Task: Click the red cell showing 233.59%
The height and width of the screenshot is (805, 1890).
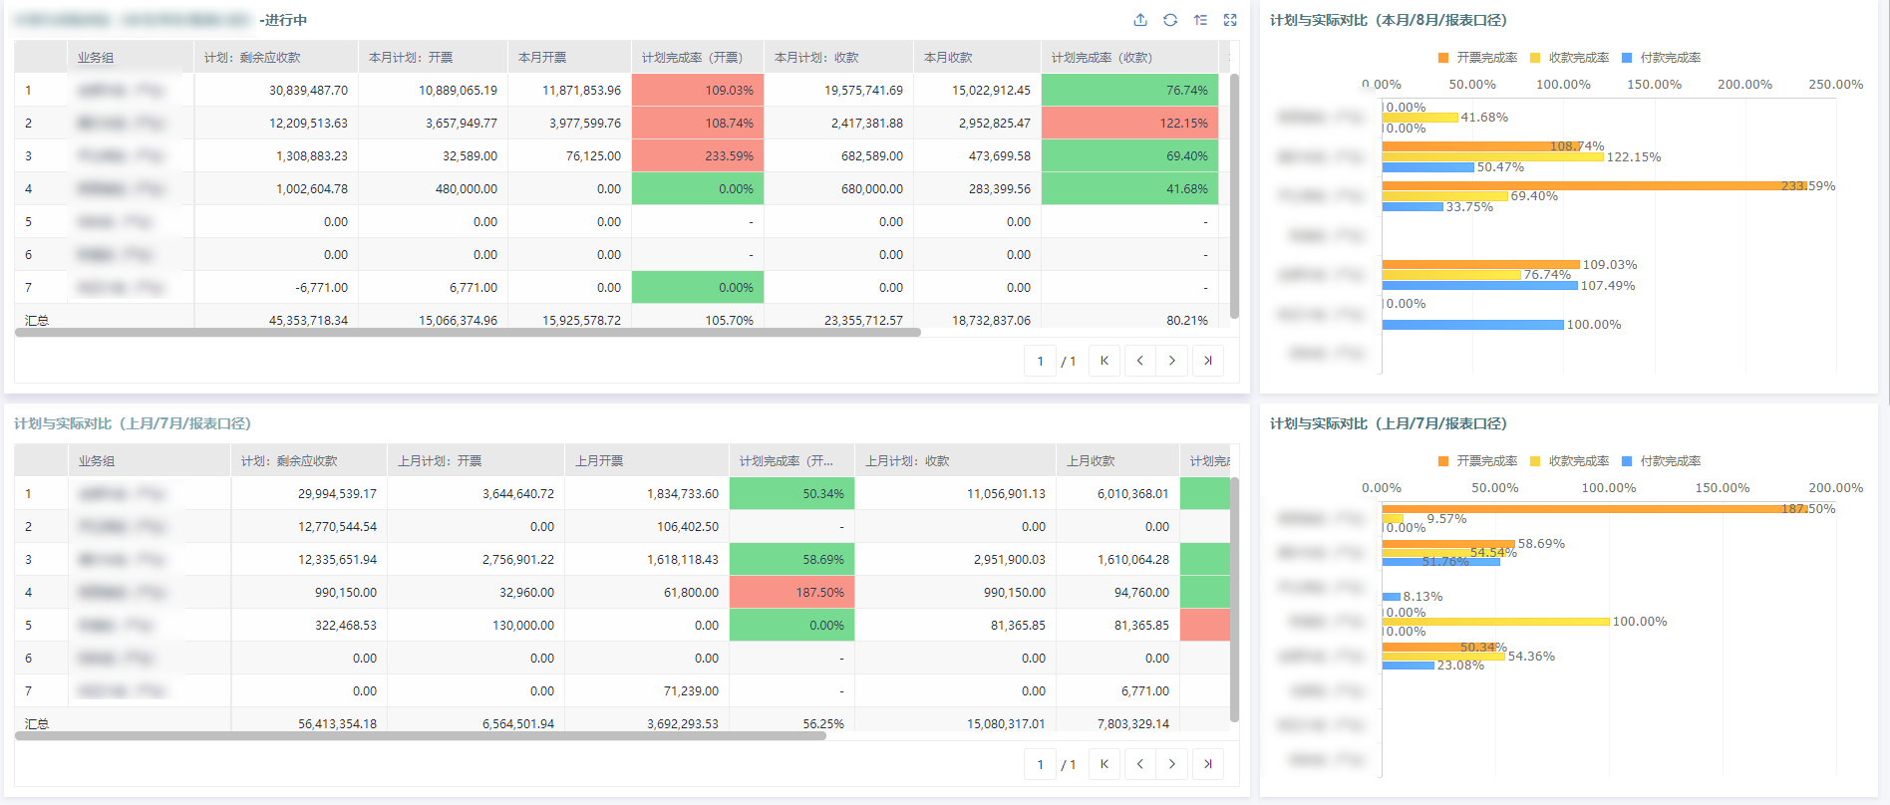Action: click(x=698, y=156)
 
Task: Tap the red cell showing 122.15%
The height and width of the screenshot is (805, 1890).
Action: click(x=1129, y=124)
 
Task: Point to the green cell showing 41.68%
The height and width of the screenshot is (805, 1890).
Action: click(x=1129, y=189)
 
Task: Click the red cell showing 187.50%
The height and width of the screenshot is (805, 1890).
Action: click(x=791, y=593)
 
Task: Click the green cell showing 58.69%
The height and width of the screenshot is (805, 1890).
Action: click(x=791, y=560)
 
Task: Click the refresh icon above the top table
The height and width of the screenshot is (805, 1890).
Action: click(x=1170, y=20)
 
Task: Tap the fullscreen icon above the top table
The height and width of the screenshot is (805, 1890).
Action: click(x=1230, y=20)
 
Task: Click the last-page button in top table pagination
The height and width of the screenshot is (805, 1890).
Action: click(x=1207, y=361)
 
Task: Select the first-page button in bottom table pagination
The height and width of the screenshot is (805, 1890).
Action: click(x=1104, y=764)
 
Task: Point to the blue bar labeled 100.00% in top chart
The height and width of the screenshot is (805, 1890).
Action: click(x=1472, y=325)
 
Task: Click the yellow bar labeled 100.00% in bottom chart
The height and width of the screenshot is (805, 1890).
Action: click(x=1495, y=622)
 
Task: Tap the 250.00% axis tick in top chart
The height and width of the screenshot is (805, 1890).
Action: click(x=1835, y=85)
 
